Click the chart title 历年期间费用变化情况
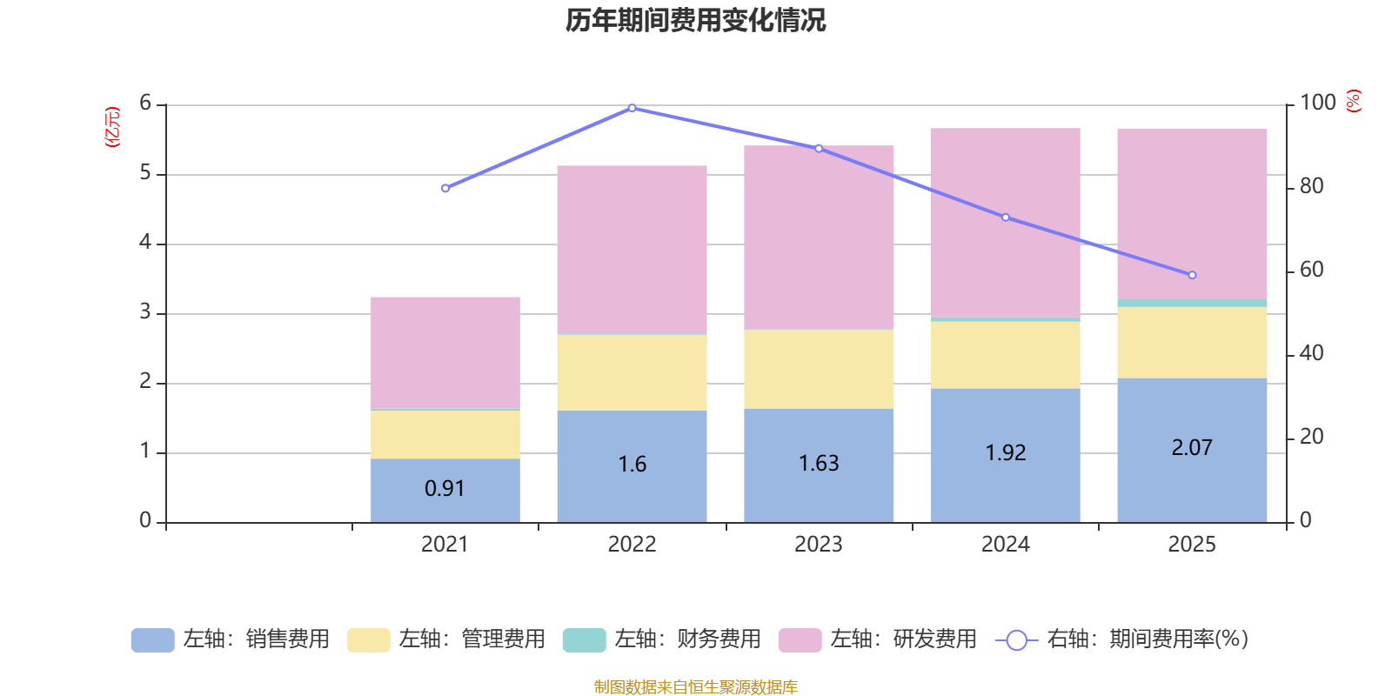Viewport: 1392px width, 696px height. [x=695, y=20]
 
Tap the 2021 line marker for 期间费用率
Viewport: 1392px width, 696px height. [x=445, y=188]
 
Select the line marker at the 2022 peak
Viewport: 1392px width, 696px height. [x=632, y=109]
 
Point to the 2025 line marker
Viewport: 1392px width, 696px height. [x=1192, y=275]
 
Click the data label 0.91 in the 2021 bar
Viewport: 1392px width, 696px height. [x=445, y=489]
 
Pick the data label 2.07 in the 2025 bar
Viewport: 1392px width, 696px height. [x=1192, y=448]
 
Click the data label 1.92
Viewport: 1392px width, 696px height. [x=1006, y=453]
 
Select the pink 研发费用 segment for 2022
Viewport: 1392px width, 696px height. [x=632, y=250]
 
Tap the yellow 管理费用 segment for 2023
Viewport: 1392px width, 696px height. [x=819, y=369]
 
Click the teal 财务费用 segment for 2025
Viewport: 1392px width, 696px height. [x=1192, y=303]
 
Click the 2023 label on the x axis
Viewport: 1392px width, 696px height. [x=819, y=545]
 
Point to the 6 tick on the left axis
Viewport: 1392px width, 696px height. [x=145, y=104]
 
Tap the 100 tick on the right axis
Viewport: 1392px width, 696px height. [x=1317, y=103]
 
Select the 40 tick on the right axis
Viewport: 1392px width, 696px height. [x=1311, y=353]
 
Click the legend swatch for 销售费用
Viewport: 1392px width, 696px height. [x=152, y=639]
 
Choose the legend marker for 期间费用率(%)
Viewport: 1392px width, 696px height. [x=1016, y=640]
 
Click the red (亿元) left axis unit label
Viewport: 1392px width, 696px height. [x=112, y=127]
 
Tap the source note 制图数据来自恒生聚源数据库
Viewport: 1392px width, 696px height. [x=695, y=687]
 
